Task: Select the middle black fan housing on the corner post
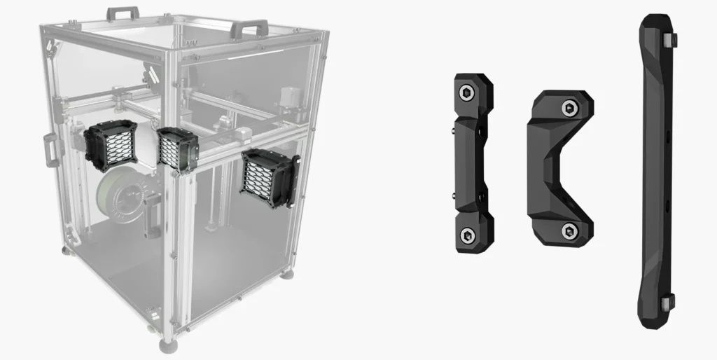tap(177, 149)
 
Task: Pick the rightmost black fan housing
tap(267, 179)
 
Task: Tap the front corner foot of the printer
tap(168, 343)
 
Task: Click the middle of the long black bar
tap(656, 168)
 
